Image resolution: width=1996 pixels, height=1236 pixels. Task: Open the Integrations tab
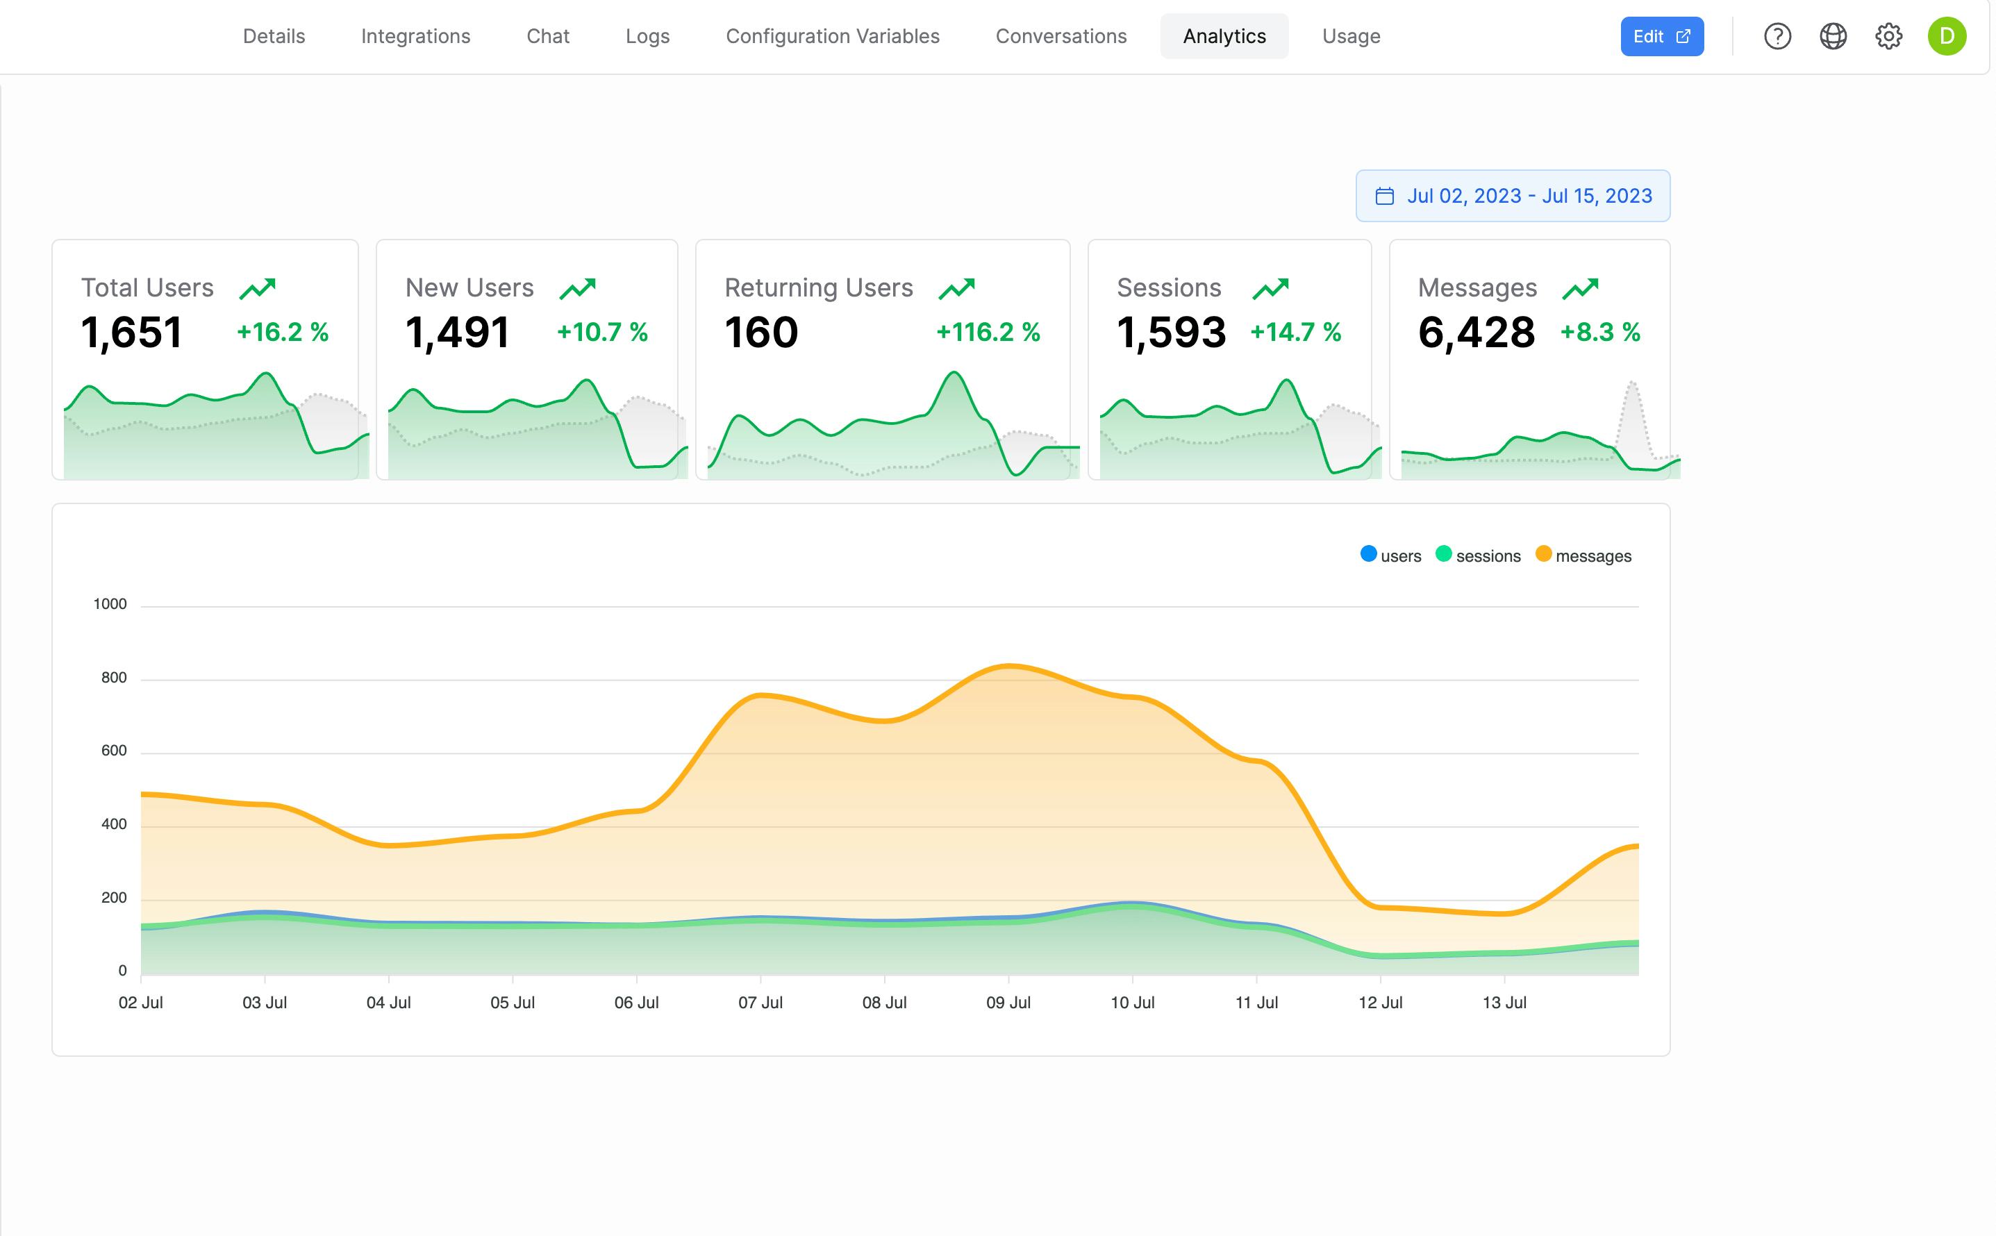[x=415, y=36]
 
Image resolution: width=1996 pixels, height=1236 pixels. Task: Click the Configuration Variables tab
[x=832, y=36]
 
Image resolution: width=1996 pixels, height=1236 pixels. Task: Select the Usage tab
[x=1350, y=36]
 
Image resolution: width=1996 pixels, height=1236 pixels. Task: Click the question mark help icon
[x=1777, y=36]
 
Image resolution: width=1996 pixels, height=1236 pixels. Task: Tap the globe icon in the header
[x=1833, y=36]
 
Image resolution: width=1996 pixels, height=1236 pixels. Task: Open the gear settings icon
[x=1888, y=36]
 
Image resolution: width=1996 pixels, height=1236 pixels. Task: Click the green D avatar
[x=1946, y=36]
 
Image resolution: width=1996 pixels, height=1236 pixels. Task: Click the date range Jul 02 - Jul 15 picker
[x=1512, y=197]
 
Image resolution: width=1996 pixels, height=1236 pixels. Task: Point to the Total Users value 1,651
[x=131, y=332]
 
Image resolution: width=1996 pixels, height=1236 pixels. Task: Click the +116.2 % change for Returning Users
[x=988, y=332]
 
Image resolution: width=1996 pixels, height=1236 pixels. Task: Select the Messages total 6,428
[x=1476, y=332]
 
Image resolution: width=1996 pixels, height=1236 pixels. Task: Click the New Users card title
[x=469, y=287]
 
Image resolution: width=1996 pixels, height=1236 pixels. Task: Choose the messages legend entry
[x=1592, y=556]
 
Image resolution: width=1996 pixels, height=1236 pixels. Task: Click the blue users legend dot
[x=1368, y=554]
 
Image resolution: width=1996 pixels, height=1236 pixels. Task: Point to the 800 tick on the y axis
[x=114, y=678]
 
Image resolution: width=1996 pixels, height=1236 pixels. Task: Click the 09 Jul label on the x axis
[x=1008, y=1002]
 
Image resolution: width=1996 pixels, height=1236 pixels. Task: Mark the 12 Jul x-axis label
[x=1380, y=1002]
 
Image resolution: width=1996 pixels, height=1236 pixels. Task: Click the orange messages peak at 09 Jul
[x=1008, y=666]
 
